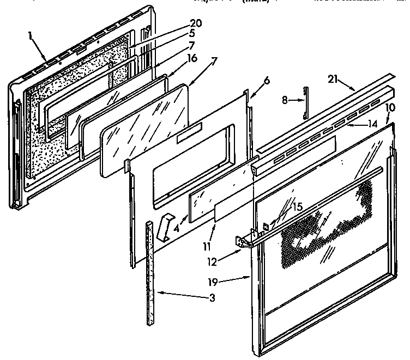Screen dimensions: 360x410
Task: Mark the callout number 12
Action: point(213,261)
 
